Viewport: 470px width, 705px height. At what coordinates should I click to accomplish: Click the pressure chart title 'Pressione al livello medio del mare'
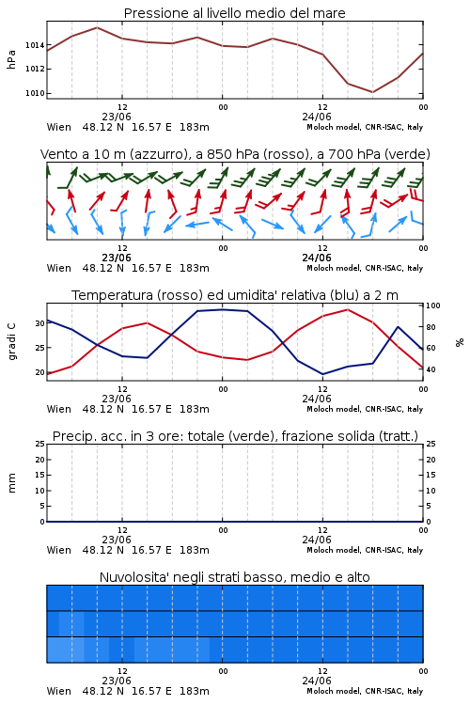(234, 13)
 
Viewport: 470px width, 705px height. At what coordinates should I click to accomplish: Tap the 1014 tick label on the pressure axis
(35, 45)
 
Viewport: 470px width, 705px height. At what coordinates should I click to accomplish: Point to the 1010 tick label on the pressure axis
(35, 93)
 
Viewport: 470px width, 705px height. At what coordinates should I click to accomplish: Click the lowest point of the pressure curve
(372, 92)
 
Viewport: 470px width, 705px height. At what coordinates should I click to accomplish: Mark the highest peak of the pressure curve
(97, 27)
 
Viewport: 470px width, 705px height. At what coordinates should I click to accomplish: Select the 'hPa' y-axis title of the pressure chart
(11, 59)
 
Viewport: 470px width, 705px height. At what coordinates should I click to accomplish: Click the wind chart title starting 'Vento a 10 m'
(235, 154)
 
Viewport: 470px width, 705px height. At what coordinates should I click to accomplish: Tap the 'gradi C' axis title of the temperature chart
(11, 341)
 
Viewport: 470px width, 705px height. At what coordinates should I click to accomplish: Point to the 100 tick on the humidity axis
(433, 305)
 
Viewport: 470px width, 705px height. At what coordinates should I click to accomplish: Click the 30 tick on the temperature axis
(40, 323)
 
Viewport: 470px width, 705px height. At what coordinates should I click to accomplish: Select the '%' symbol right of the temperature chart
(460, 342)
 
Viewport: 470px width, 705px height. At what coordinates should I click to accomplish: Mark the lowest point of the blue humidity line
(322, 374)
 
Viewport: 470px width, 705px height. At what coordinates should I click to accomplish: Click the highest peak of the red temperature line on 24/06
(347, 309)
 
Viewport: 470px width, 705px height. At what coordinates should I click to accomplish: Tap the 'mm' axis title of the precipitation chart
(11, 483)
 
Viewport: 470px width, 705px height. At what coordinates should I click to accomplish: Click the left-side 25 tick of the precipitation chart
(40, 444)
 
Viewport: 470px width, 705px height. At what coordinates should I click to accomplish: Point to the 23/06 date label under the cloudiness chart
(117, 681)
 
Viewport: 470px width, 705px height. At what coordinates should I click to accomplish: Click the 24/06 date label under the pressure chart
(317, 117)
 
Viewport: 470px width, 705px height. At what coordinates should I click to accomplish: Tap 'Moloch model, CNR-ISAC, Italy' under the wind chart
(365, 268)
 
